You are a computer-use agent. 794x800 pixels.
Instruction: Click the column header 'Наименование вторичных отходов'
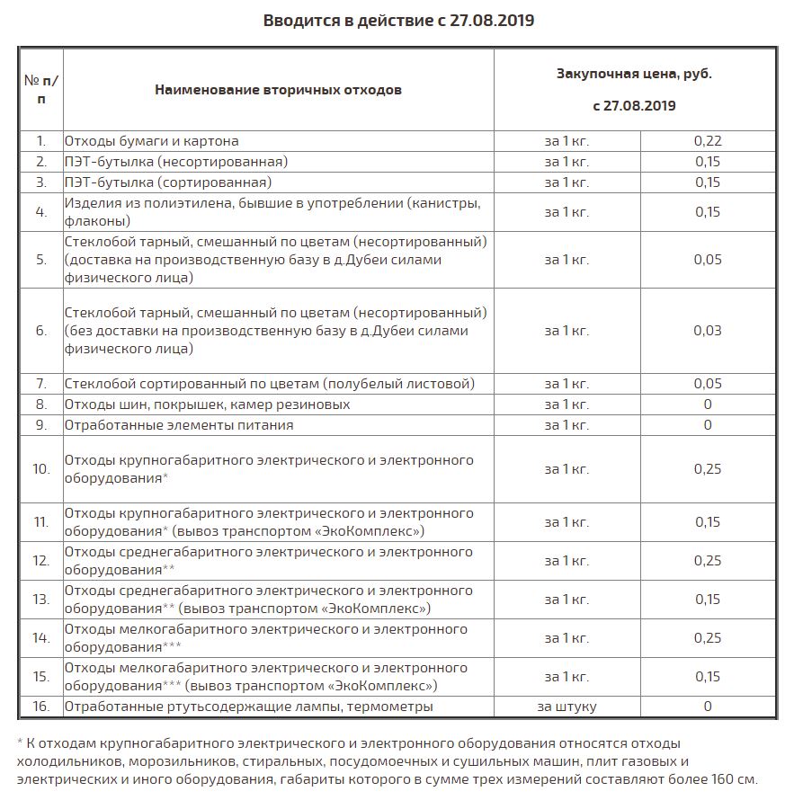[278, 90]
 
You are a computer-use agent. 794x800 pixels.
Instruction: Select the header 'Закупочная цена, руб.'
[634, 74]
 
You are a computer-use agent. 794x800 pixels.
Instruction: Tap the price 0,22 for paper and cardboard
[708, 141]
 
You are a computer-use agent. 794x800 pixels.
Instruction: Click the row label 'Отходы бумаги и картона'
[151, 141]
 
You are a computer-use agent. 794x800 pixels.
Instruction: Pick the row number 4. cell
[41, 212]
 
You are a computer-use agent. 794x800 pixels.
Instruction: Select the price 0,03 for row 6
[708, 331]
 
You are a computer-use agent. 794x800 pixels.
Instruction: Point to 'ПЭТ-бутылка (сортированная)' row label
[168, 182]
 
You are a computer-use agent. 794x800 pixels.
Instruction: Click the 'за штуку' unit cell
[567, 707]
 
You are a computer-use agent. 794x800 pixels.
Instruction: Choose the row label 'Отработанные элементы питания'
[178, 425]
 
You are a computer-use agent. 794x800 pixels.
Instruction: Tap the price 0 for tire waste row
[708, 404]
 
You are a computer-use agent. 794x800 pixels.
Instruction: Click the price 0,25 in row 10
[708, 469]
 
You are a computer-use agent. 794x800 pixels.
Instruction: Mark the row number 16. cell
[41, 707]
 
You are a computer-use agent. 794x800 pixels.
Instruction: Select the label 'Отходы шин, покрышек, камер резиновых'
[207, 404]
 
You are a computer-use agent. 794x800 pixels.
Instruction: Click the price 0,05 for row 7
[708, 384]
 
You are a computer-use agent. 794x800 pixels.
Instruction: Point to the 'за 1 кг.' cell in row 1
[567, 141]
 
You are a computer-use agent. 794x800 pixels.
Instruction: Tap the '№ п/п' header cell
[41, 90]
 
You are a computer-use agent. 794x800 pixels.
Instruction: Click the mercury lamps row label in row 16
[248, 707]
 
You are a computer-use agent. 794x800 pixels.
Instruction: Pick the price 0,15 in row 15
[708, 677]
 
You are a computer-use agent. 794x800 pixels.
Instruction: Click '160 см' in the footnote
[736, 779]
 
